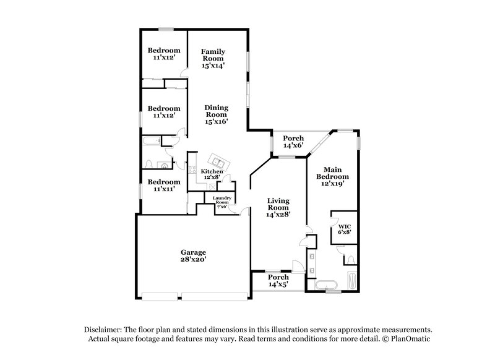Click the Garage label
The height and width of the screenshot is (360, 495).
[x=193, y=256]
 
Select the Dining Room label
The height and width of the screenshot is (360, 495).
[x=217, y=114]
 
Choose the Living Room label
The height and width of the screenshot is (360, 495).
[x=278, y=207]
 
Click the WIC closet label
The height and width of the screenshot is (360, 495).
[x=345, y=229]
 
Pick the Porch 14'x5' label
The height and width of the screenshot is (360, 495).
[x=278, y=281]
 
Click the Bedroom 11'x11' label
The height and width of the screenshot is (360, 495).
[x=164, y=185]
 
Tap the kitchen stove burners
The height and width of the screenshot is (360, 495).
[x=192, y=171]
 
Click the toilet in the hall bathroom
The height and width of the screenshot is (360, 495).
[x=151, y=165]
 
